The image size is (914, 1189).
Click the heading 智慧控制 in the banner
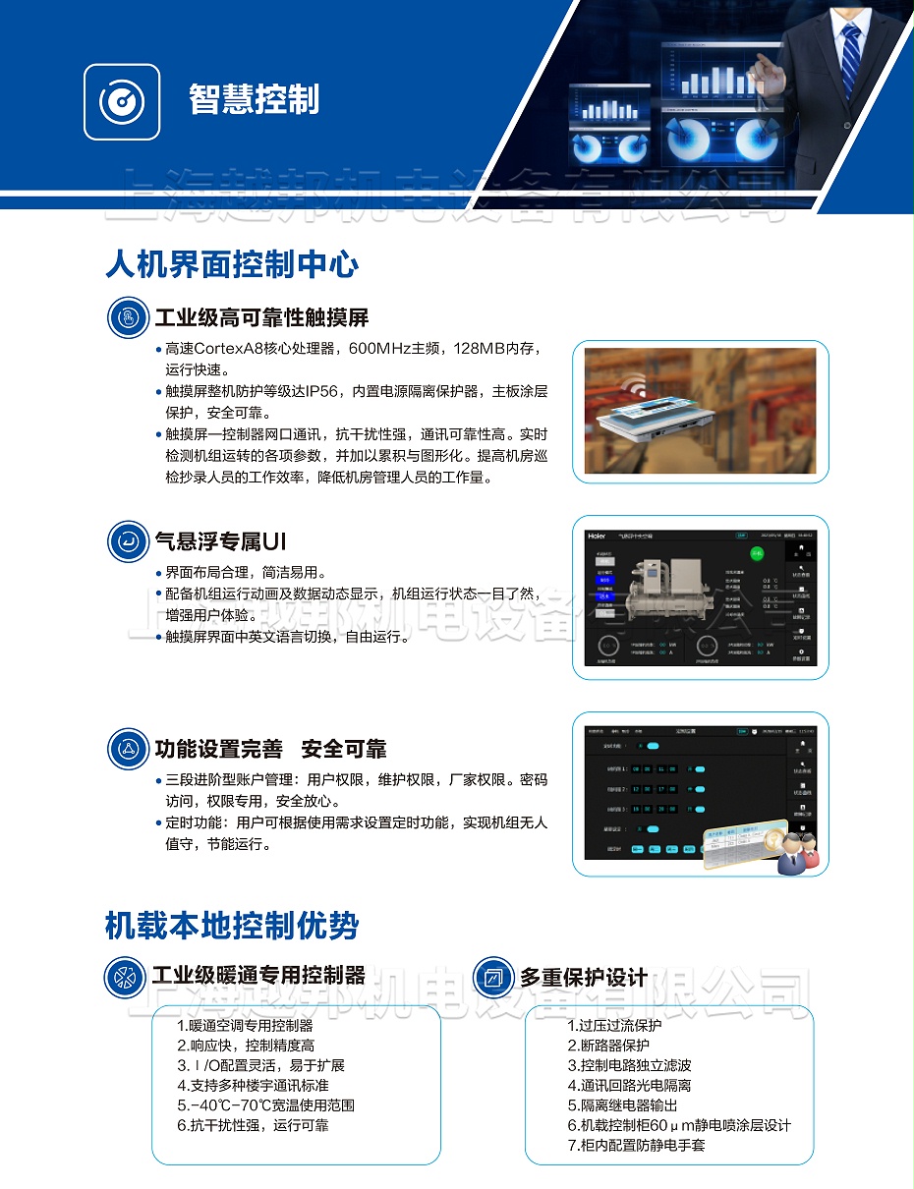pos(254,99)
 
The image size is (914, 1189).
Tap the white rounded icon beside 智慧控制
pos(122,101)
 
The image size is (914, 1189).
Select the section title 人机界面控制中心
pos(232,264)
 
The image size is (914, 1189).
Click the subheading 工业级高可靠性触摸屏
pos(261,317)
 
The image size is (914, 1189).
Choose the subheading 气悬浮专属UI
pos(220,541)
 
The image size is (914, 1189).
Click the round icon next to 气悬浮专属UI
pos(128,541)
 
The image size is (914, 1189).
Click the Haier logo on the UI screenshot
pos(597,537)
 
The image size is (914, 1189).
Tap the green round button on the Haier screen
pos(757,555)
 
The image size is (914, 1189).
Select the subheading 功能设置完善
pos(218,749)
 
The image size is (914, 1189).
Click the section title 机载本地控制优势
pos(232,926)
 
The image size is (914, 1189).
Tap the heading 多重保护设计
pos(584,977)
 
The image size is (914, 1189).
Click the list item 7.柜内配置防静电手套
pos(636,1146)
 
